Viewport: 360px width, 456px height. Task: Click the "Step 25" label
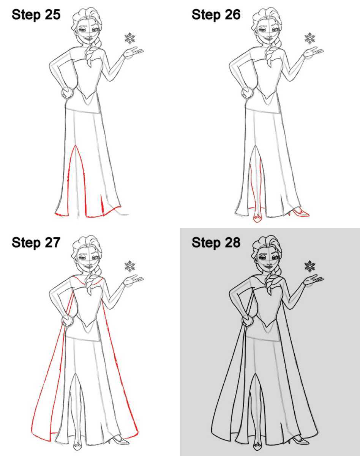[36, 15]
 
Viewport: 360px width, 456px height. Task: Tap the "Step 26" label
[216, 15]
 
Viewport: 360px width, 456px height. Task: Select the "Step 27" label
[36, 242]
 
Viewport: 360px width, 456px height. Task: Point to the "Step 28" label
[216, 242]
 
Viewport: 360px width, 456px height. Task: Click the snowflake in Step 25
[130, 38]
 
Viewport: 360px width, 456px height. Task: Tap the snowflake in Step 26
[310, 38]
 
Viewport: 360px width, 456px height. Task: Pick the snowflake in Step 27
[130, 266]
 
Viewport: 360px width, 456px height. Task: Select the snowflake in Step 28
[310, 266]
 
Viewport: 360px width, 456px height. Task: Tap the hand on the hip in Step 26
[247, 92]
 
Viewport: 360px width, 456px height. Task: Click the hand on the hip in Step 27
[67, 320]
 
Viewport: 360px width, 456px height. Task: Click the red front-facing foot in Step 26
[257, 218]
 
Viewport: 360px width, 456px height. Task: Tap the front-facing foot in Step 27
[77, 445]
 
